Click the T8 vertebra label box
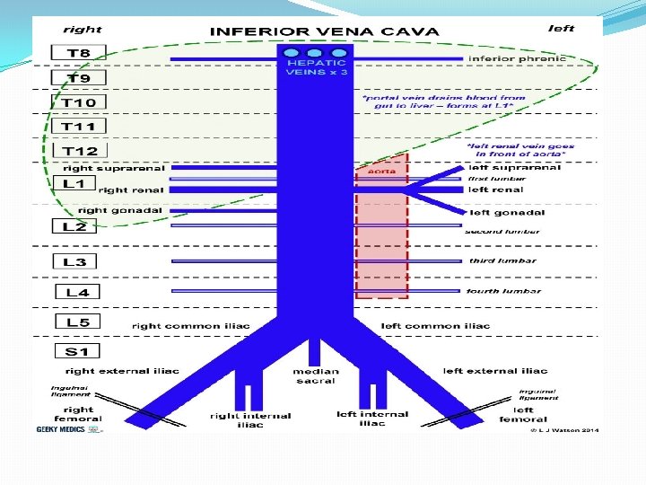(x=79, y=54)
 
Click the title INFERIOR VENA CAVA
(x=324, y=31)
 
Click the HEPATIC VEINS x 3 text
(x=316, y=67)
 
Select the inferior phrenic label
(x=518, y=59)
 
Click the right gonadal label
(x=120, y=210)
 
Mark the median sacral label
(x=316, y=375)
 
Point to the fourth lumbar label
(x=502, y=291)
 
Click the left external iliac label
(x=495, y=371)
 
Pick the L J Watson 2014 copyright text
(x=563, y=430)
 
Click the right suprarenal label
(x=115, y=168)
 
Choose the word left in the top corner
(x=561, y=29)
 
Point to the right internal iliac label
(x=250, y=419)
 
